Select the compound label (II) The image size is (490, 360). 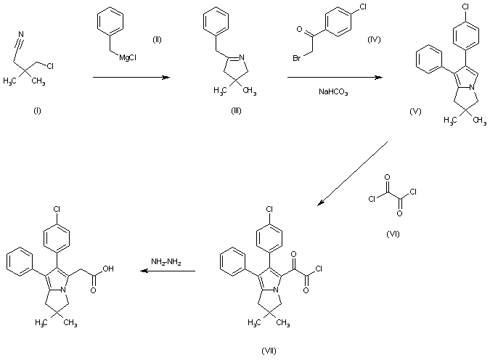point(157,38)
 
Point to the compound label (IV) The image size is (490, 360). point(375,38)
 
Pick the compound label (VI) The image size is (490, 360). point(395,234)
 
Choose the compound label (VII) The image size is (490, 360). point(269,351)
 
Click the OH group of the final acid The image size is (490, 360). point(109,268)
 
